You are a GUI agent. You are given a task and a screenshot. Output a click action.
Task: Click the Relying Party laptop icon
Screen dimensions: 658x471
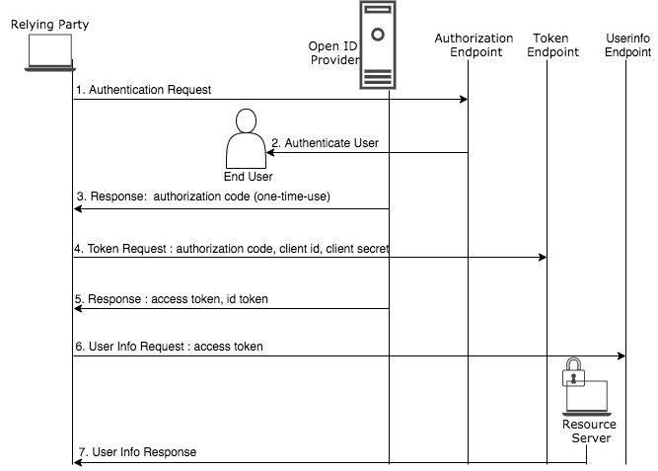pyautogui.click(x=50, y=52)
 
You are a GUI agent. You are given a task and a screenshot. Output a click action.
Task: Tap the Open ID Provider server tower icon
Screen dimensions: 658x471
pyautogui.click(x=378, y=45)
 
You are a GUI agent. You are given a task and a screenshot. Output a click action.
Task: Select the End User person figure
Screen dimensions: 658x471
pyautogui.click(x=247, y=138)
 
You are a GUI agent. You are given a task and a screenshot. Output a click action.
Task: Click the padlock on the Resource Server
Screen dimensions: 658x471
pyautogui.click(x=573, y=372)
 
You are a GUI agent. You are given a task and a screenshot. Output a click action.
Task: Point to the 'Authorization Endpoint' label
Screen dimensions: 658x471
pyautogui.click(x=474, y=45)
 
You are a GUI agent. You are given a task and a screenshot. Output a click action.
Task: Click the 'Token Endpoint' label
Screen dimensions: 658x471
pyautogui.click(x=552, y=45)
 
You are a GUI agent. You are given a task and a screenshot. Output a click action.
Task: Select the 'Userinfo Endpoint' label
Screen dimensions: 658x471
pyautogui.click(x=627, y=45)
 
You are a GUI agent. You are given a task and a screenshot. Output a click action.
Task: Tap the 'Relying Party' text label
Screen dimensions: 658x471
pyautogui.click(x=50, y=25)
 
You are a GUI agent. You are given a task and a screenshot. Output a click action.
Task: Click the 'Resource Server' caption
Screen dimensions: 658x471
pyautogui.click(x=590, y=432)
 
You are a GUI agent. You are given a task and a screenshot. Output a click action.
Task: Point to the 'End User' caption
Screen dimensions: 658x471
pyautogui.click(x=249, y=177)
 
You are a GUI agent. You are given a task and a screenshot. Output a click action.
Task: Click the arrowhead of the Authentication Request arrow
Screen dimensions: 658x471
pyautogui.click(x=464, y=99)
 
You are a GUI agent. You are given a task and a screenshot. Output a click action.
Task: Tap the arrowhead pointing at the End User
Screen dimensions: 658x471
pyautogui.click(x=271, y=152)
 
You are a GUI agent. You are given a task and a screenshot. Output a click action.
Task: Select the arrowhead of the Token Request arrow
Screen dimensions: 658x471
pyautogui.click(x=543, y=257)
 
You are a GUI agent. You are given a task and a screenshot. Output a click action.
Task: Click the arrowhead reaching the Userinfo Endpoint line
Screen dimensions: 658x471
pyautogui.click(x=621, y=355)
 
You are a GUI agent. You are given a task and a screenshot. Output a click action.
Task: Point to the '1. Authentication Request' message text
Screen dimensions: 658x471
pyautogui.click(x=143, y=90)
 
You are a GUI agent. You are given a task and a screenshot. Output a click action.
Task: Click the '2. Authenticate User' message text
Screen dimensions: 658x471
pyautogui.click(x=326, y=143)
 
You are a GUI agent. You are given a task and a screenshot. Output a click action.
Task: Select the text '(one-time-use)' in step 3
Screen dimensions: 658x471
pyautogui.click(x=292, y=196)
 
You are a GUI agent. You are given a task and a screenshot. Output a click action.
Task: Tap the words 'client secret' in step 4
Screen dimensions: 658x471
pyautogui.click(x=357, y=249)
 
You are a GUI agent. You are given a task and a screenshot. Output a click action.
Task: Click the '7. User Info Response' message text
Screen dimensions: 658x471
pyautogui.click(x=138, y=452)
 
